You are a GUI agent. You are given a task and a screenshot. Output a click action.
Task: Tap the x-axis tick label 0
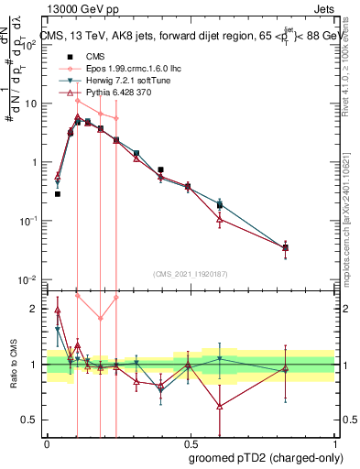coord(47,441)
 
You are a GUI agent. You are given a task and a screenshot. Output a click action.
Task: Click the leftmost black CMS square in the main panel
coord(57,194)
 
